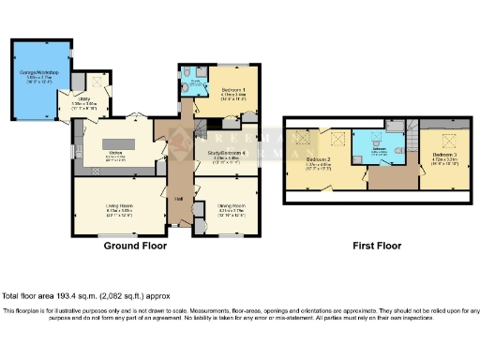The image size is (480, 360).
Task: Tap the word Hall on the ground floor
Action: [x=178, y=199]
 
